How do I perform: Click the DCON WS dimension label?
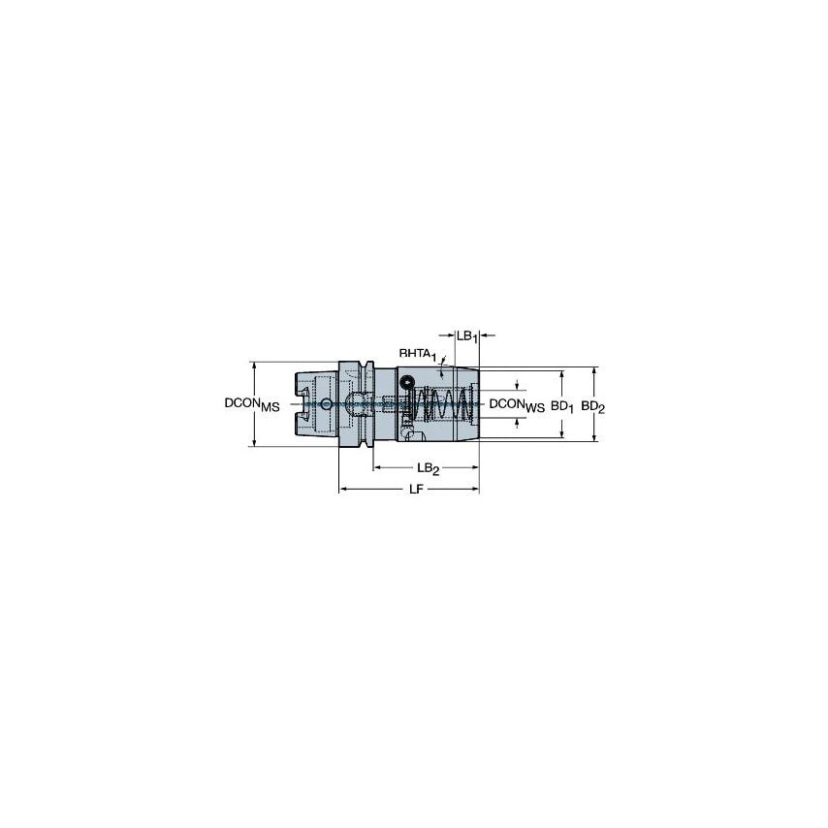point(516,404)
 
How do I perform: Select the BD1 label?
point(562,408)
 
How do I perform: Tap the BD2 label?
point(593,408)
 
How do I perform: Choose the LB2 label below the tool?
point(430,469)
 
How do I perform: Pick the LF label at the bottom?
point(415,490)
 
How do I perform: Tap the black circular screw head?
point(409,382)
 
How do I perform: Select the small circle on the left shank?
point(327,404)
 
